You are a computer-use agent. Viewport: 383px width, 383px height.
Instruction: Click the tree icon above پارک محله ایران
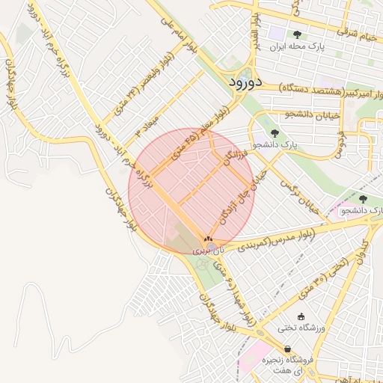point(297,34)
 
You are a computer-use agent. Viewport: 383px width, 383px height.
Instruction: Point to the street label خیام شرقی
point(358,32)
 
